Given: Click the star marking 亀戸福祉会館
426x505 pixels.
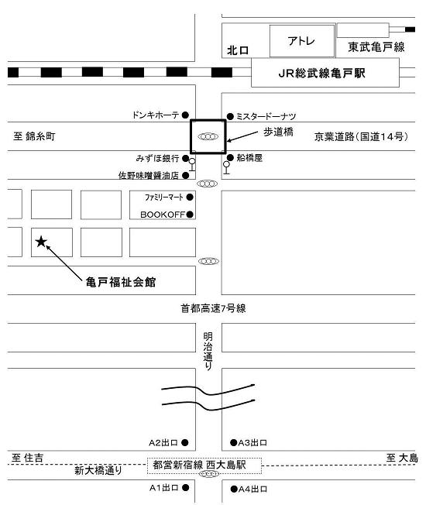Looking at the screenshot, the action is pyautogui.click(x=41, y=242).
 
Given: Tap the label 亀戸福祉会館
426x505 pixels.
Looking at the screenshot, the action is pyautogui.click(x=121, y=282).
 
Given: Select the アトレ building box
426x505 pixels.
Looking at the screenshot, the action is pyautogui.click(x=302, y=41).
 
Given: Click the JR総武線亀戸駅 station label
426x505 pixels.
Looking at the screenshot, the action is pyautogui.click(x=321, y=74).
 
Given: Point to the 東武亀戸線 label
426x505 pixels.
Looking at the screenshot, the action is pyautogui.click(x=376, y=47).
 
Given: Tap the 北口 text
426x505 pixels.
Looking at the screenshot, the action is pyautogui.click(x=238, y=50).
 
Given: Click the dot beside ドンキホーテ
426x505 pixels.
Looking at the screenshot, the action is pyautogui.click(x=185, y=115).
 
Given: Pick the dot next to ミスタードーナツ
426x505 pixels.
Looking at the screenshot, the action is pyautogui.click(x=230, y=116).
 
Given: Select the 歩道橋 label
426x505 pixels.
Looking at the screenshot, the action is pyautogui.click(x=278, y=132).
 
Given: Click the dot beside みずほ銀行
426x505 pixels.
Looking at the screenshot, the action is pyautogui.click(x=185, y=158).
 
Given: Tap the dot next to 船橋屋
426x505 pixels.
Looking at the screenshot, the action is pyautogui.click(x=230, y=157).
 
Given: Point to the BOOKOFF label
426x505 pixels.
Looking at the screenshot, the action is pyautogui.click(x=163, y=215).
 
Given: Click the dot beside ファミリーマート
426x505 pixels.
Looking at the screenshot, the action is pyautogui.click(x=190, y=197).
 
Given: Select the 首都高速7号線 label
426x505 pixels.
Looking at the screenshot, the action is pyautogui.click(x=213, y=308).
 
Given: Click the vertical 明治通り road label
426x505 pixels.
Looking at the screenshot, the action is pyautogui.click(x=208, y=351).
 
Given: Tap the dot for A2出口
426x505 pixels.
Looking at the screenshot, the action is pyautogui.click(x=185, y=443).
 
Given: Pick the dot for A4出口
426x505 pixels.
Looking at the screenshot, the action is pyautogui.click(x=234, y=490).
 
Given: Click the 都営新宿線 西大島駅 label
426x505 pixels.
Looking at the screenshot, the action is pyautogui.click(x=199, y=465).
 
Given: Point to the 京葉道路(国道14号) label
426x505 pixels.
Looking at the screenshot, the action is pyautogui.click(x=361, y=136).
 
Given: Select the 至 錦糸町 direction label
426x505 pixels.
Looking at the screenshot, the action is pyautogui.click(x=34, y=136).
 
